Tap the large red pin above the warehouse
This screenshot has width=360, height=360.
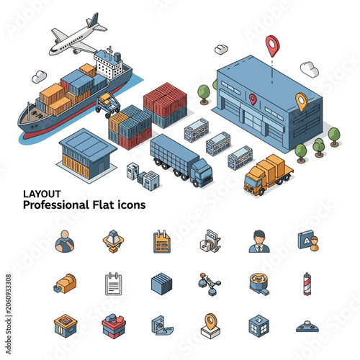(x=272, y=45)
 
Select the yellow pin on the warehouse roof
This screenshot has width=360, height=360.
(x=302, y=102)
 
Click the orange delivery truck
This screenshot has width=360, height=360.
(x=268, y=174)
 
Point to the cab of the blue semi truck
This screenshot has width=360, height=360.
(x=202, y=172)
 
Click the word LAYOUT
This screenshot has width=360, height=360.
(x=42, y=194)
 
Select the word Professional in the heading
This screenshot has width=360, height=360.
(x=56, y=205)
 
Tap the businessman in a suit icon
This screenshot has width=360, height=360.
(x=259, y=241)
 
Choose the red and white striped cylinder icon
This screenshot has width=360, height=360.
(x=307, y=284)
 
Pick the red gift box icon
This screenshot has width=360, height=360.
(x=114, y=326)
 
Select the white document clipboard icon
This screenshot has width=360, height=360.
(x=114, y=284)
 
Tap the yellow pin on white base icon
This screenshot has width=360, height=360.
(x=210, y=326)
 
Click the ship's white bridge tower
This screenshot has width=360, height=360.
(x=109, y=63)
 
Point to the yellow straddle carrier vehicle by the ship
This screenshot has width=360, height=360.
(x=108, y=105)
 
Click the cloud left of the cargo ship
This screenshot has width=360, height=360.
(x=39, y=76)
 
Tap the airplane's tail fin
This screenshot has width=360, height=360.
(x=94, y=19)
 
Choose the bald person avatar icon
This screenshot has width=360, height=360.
(x=65, y=241)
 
